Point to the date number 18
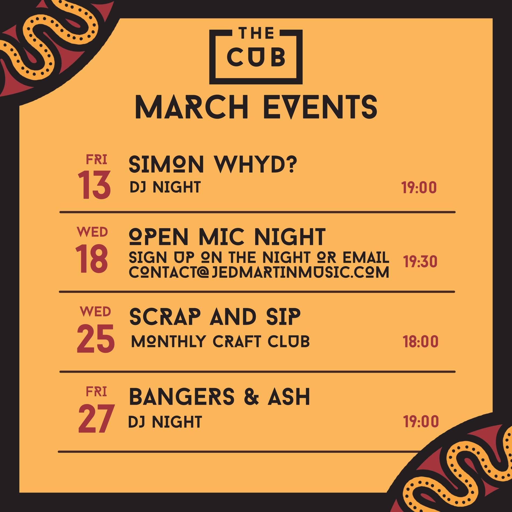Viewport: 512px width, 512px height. click(x=92, y=260)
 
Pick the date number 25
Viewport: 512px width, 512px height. click(x=96, y=339)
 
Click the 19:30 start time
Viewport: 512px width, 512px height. click(x=420, y=262)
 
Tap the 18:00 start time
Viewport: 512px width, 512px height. click(x=420, y=342)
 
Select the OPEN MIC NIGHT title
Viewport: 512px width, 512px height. click(x=227, y=236)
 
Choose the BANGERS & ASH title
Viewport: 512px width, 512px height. click(x=220, y=397)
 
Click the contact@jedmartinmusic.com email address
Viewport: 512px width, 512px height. click(x=259, y=272)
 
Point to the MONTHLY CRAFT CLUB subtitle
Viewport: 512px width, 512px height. click(x=220, y=341)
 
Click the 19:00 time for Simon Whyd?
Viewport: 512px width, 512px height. click(x=419, y=188)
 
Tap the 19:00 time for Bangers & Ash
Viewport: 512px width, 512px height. click(x=421, y=421)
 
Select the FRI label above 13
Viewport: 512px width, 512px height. click(x=96, y=160)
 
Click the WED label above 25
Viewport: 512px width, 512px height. click(x=95, y=312)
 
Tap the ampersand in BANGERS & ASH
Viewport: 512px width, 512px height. click(x=252, y=397)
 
